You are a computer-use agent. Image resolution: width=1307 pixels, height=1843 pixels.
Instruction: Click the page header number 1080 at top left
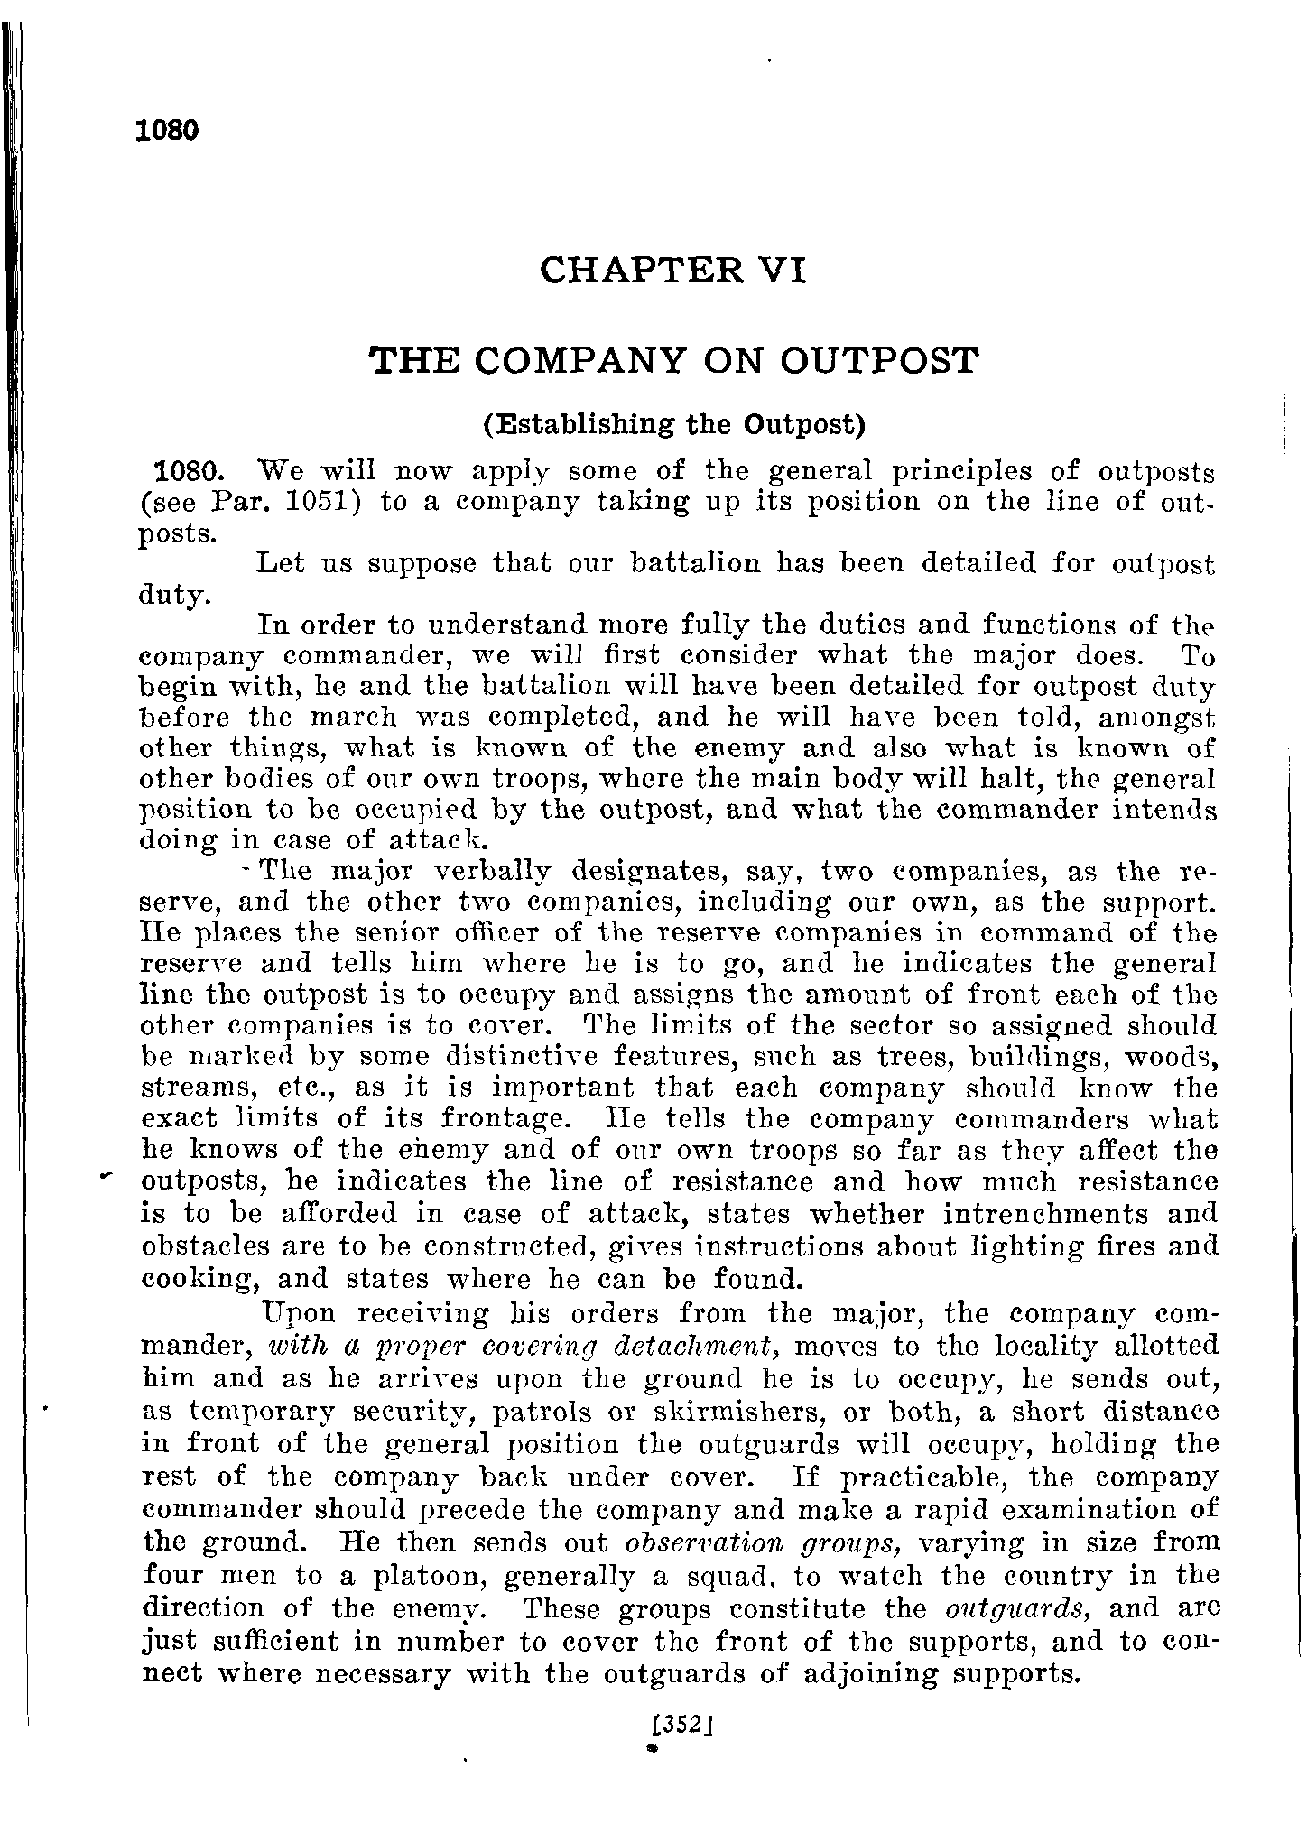[x=165, y=131]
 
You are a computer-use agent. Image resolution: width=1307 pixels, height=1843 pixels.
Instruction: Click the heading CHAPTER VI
[x=672, y=270]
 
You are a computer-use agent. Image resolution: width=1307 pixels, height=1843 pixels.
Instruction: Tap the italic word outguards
[x=1018, y=1608]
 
